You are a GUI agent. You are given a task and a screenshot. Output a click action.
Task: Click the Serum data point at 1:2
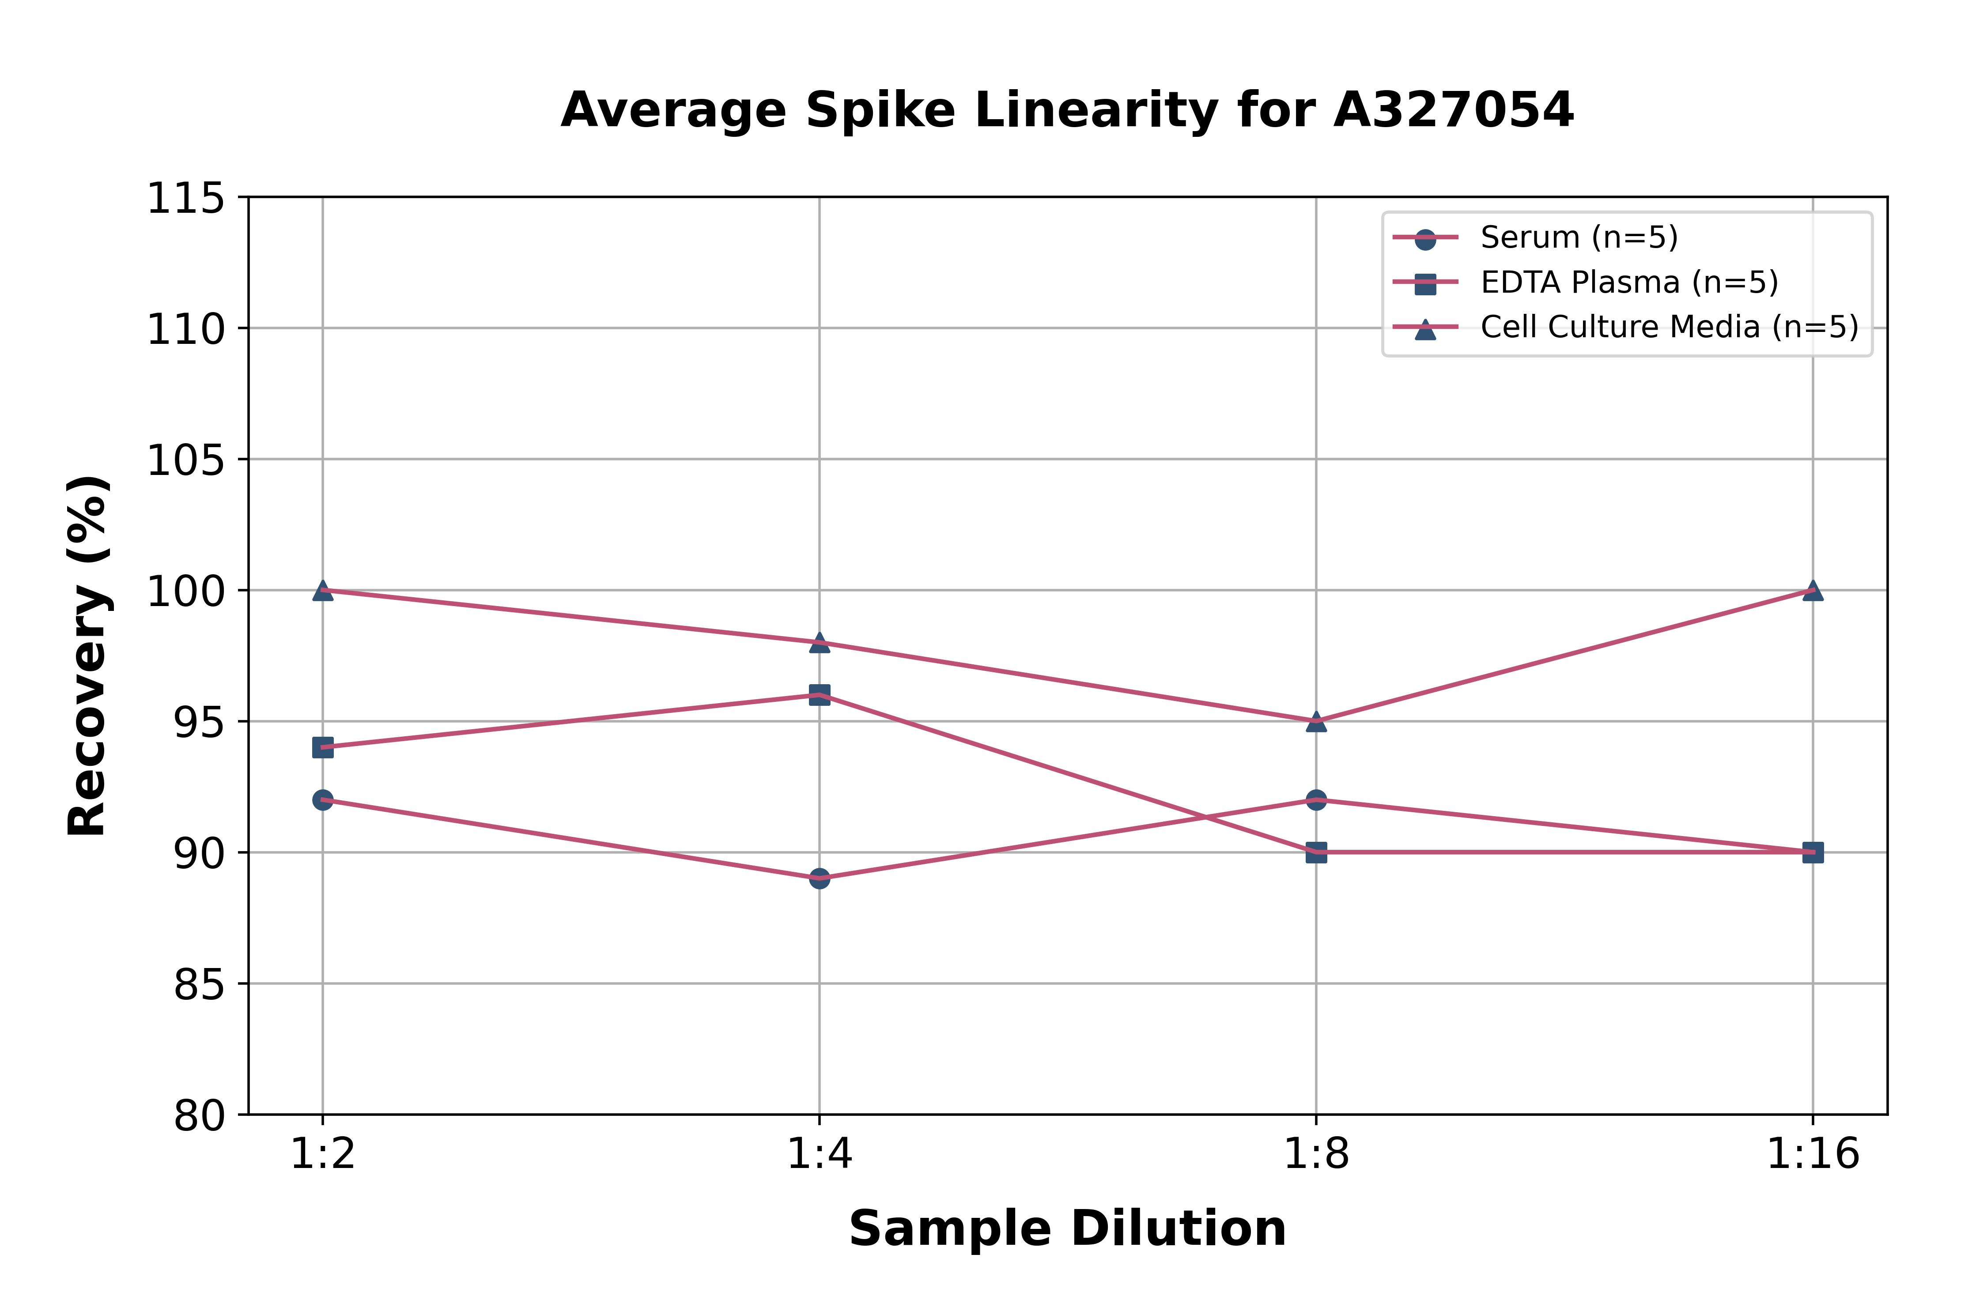click(x=323, y=800)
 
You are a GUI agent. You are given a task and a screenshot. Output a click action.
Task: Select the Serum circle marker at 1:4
click(x=820, y=879)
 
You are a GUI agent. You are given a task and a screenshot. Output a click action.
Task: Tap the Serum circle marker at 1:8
click(x=1316, y=800)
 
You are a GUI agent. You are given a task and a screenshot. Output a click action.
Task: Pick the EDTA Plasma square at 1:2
click(x=323, y=747)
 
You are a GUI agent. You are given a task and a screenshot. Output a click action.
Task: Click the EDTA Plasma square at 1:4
click(x=820, y=695)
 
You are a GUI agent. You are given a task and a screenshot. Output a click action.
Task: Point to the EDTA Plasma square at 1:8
click(x=1316, y=853)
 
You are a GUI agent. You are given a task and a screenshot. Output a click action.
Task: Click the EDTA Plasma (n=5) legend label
click(x=1629, y=283)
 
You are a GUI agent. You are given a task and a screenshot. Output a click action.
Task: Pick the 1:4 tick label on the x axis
click(x=820, y=1155)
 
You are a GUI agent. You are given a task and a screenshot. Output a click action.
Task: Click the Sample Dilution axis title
click(x=1067, y=1229)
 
